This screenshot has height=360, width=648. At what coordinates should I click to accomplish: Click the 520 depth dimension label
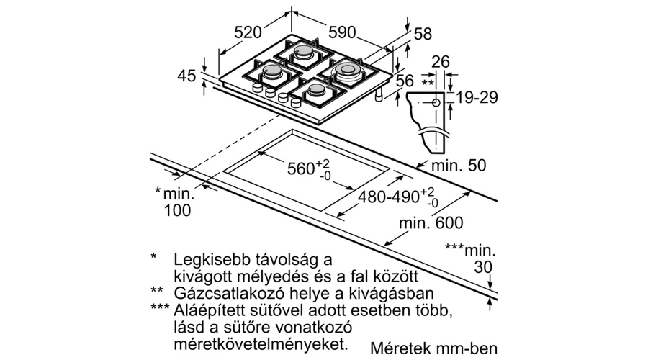click(248, 32)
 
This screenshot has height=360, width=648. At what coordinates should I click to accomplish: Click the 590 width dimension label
click(342, 32)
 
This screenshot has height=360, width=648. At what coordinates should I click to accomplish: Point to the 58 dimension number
click(423, 34)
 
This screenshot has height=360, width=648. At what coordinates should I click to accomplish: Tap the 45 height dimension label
click(186, 76)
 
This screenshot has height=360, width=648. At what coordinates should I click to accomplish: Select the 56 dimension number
click(404, 81)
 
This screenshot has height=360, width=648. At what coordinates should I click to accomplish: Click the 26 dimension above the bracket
click(440, 62)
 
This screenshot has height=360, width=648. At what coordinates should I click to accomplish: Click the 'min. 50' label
click(459, 166)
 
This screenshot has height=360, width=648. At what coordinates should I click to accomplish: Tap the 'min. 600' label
click(431, 223)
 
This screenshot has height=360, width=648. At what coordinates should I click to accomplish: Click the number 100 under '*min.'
click(178, 210)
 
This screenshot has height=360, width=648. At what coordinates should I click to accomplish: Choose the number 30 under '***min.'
click(483, 267)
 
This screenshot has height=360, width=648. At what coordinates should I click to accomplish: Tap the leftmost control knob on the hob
click(258, 88)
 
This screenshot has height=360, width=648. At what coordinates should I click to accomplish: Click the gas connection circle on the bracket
click(436, 103)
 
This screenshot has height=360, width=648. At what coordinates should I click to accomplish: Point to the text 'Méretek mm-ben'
click(434, 348)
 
